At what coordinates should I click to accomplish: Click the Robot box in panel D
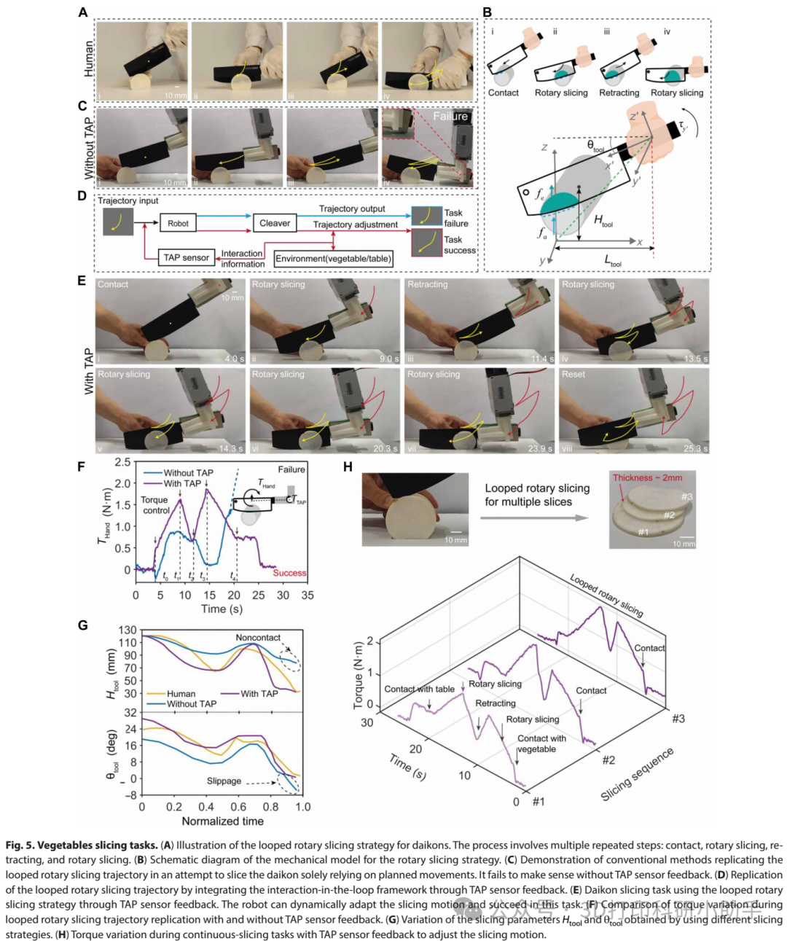pos(178,223)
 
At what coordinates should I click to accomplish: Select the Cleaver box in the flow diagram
pos(275,223)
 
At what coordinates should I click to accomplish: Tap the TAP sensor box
pos(186,257)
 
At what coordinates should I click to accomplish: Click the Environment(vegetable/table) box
pos(334,258)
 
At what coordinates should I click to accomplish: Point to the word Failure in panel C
pos(450,116)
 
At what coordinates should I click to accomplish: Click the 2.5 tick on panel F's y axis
pos(122,462)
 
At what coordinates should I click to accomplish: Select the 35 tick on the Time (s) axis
pos(308,595)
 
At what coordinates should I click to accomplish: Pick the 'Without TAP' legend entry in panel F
pos(188,472)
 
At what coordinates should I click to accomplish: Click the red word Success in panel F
pos(289,573)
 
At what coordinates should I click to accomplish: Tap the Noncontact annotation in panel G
pos(258,637)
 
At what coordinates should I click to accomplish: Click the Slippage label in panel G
pos(224,781)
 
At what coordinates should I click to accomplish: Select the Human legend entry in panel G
pos(181,694)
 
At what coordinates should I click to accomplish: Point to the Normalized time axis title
pos(222,821)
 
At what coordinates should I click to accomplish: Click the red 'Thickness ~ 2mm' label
pos(647,477)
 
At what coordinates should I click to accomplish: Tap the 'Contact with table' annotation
pos(419,689)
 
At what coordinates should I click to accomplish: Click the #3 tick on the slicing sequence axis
pos(678,719)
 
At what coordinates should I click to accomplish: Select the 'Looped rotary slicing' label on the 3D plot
pos(606,596)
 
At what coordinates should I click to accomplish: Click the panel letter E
pos(82,281)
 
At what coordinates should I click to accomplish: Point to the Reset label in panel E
pos(573,374)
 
